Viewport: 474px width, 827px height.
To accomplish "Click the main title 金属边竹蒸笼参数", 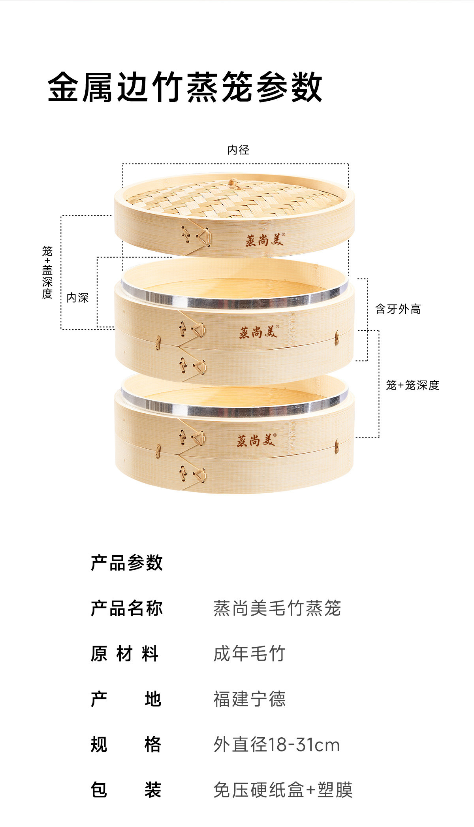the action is coord(185,87).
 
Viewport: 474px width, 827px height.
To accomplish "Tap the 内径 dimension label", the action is coord(238,150).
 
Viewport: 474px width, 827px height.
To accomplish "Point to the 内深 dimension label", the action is coord(77,298).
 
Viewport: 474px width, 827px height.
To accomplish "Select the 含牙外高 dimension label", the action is coord(398,309).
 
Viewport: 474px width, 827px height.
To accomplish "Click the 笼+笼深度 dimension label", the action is coord(412,385).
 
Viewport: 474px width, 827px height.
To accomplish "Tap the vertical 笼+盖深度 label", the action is coord(47,272).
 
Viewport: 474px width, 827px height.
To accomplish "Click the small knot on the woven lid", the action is coord(233,183).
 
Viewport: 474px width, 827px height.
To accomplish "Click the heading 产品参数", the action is coord(126,563).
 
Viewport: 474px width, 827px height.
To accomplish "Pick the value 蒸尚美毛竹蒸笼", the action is coord(277,608).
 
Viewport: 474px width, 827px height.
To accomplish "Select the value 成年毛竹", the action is coord(249,654).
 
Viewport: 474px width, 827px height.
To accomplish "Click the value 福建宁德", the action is coord(249,699).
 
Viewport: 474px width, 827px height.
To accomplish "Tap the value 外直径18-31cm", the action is coord(276,745).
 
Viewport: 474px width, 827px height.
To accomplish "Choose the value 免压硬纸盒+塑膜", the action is coord(283,790).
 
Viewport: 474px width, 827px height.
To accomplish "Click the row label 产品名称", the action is coord(126,608).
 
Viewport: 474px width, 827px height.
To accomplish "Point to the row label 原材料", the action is coord(125,654).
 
